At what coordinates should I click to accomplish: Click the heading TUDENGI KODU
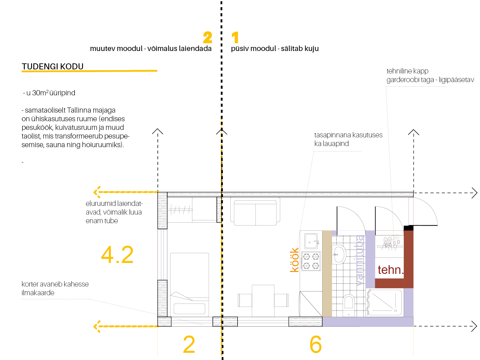[x=52, y=67]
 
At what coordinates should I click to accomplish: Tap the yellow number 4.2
[x=117, y=255]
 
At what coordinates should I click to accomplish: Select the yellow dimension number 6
[x=316, y=344]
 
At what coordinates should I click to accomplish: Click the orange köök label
[x=294, y=260]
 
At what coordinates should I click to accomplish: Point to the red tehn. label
[x=390, y=270]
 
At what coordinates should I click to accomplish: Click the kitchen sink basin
[x=311, y=241]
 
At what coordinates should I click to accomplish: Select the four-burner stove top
[x=311, y=261]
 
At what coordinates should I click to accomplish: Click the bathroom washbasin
[x=339, y=255]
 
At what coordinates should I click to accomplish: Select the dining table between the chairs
[x=263, y=300]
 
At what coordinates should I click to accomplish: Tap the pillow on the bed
[x=189, y=309]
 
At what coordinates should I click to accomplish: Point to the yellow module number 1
[x=235, y=38]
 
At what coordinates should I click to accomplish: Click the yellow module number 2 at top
[x=207, y=38]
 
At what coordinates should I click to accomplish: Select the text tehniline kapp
[x=407, y=71]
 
